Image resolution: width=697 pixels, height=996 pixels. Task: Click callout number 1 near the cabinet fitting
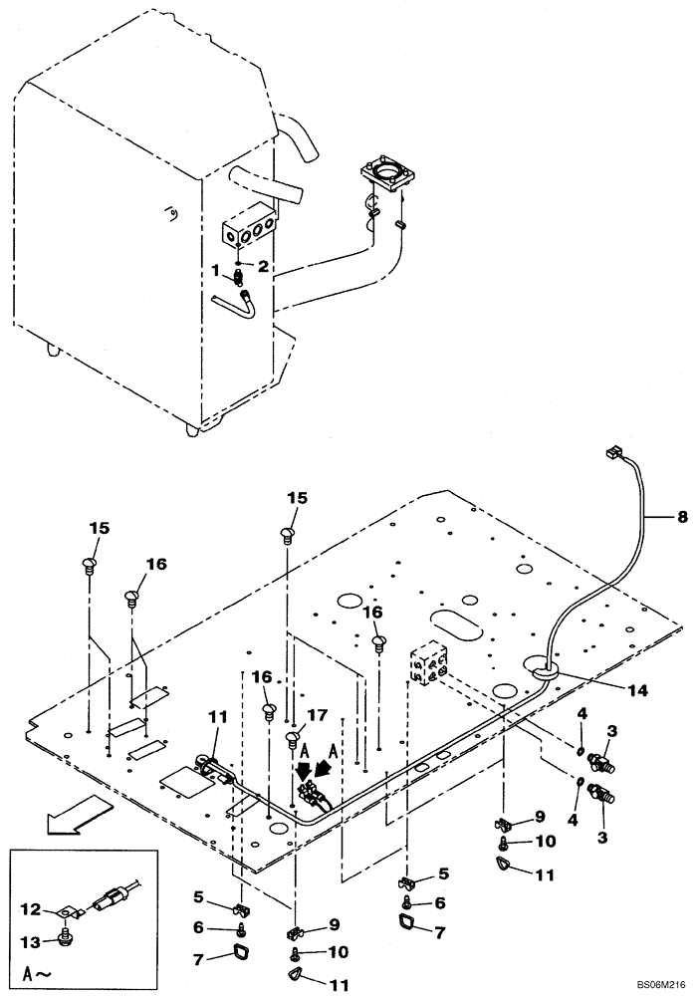(x=216, y=270)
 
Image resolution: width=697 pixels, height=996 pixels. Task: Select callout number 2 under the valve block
(x=263, y=266)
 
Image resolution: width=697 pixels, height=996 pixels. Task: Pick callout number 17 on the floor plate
(x=316, y=714)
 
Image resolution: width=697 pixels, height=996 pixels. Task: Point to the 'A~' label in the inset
(x=30, y=969)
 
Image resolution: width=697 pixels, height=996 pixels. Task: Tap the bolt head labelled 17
(x=291, y=738)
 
